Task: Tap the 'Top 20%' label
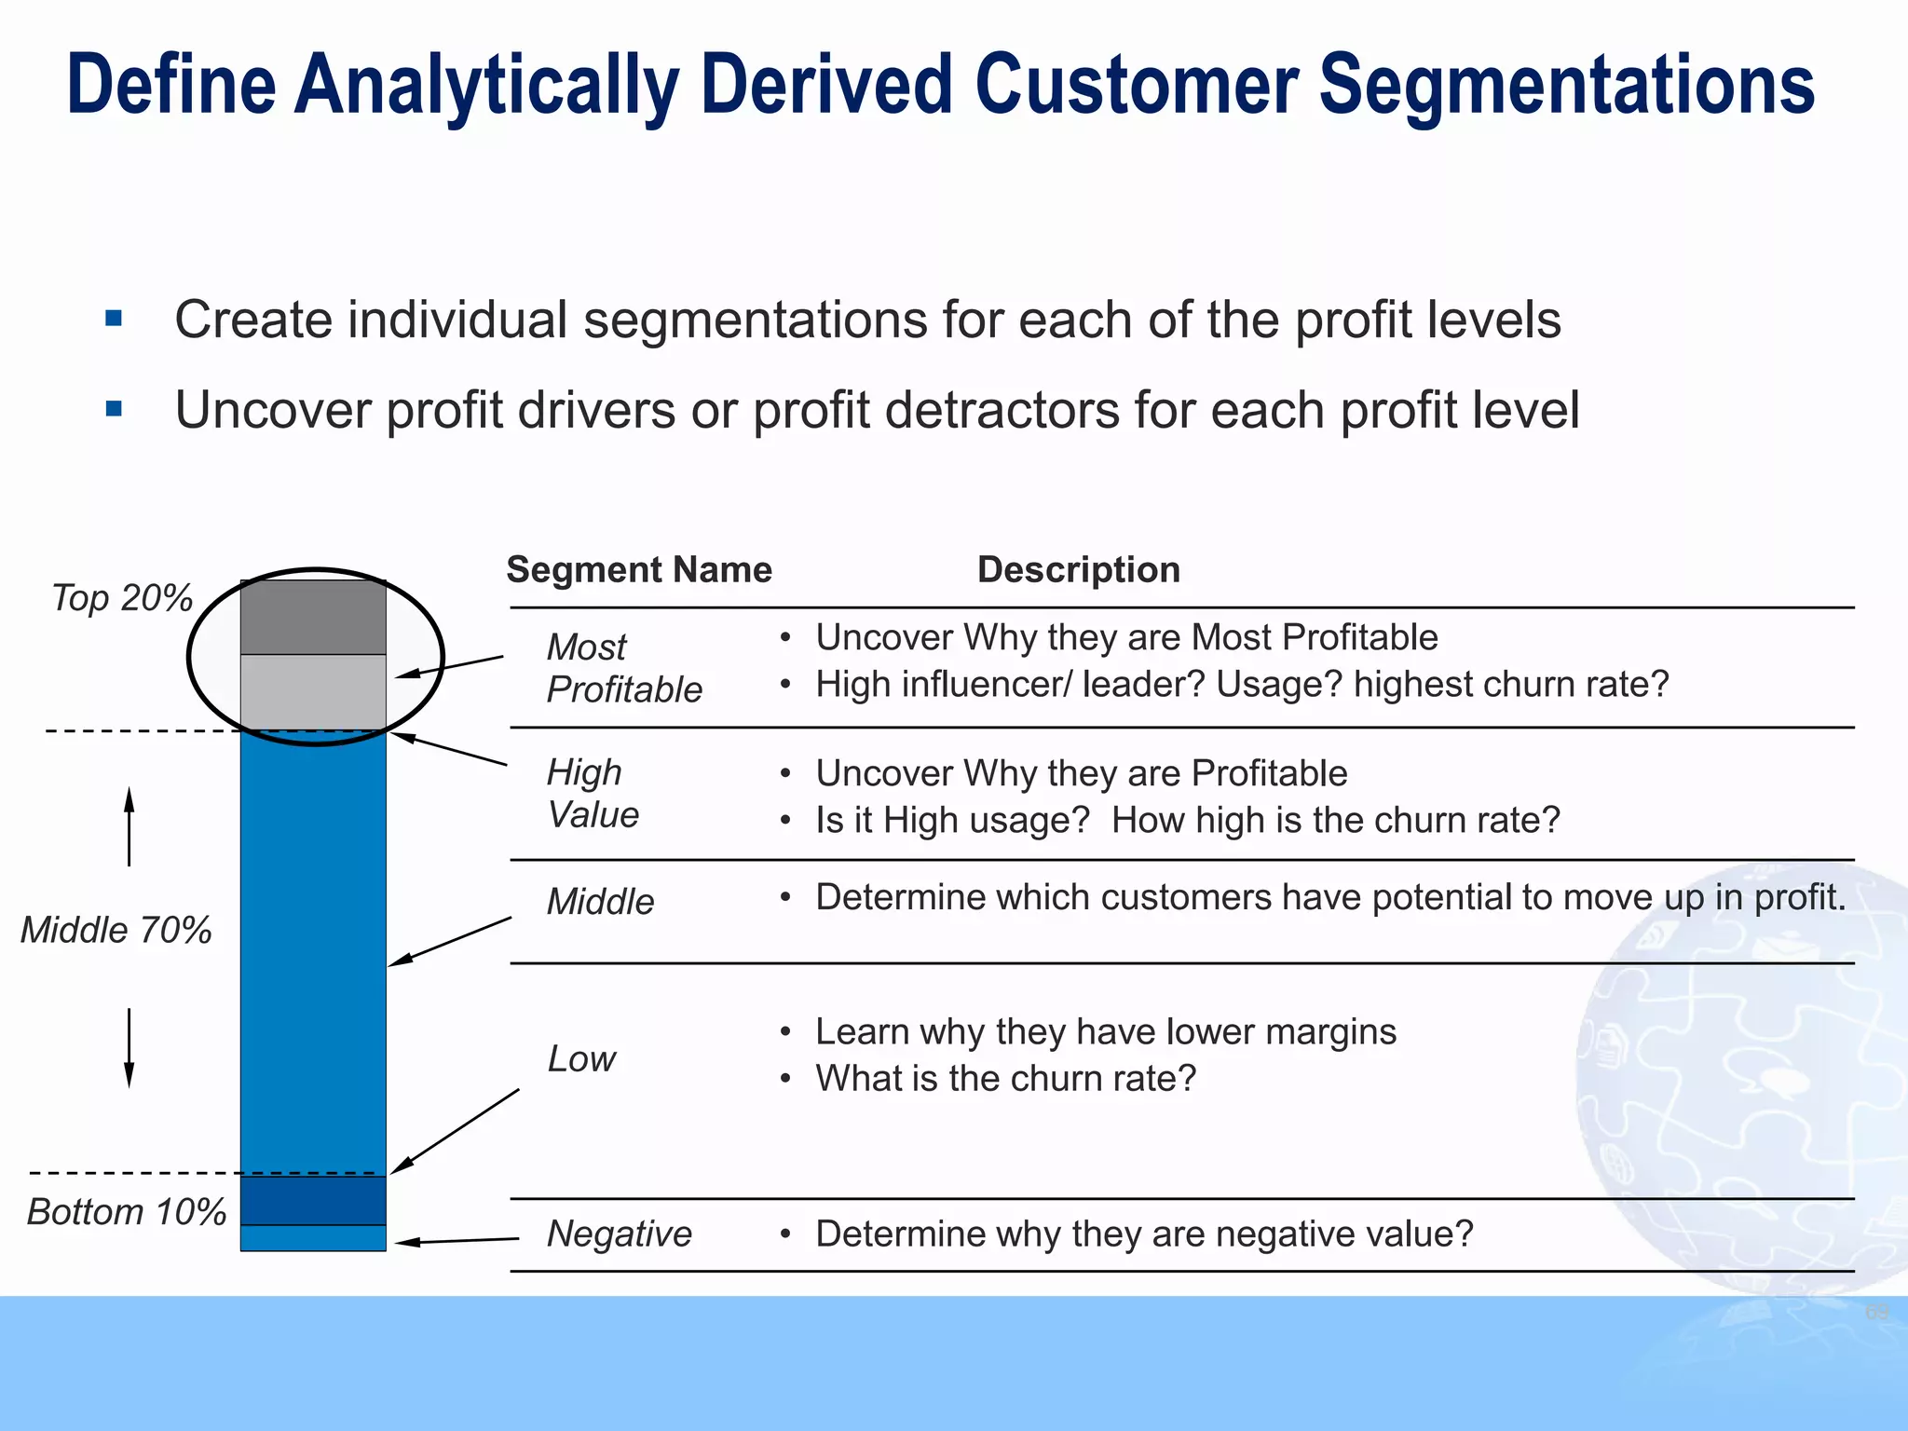[x=121, y=598]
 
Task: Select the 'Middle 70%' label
[x=116, y=930]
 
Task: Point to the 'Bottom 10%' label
[x=126, y=1212]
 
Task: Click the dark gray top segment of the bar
[x=313, y=617]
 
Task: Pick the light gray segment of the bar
[x=313, y=691]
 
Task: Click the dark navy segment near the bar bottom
[x=313, y=1200]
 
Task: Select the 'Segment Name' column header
[x=639, y=569]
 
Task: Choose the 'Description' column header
[x=1078, y=569]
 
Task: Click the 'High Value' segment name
[x=593, y=794]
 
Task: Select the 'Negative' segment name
[x=619, y=1233]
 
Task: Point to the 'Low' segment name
[x=581, y=1059]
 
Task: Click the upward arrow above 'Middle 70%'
[x=129, y=825]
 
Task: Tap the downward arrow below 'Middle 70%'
[x=129, y=1047]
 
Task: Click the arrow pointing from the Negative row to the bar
[x=457, y=1240]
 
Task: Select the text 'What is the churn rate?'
[x=1005, y=1079]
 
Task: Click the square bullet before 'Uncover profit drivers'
[x=115, y=408]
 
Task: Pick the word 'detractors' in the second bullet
[x=1002, y=410]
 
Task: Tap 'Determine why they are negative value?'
[x=1144, y=1233]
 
